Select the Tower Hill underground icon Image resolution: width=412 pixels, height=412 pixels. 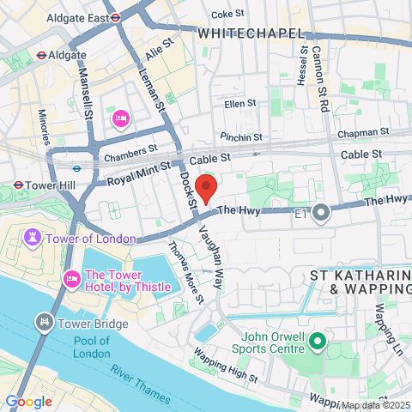18,184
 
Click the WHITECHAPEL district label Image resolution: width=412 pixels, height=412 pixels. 251,33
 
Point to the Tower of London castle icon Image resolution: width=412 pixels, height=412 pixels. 33,237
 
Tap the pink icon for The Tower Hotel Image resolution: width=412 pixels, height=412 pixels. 70,277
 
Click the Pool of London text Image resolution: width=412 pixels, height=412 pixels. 91,348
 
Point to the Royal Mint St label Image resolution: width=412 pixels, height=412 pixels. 139,176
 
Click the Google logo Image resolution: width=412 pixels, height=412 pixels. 28,401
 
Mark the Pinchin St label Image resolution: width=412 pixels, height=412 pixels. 241,136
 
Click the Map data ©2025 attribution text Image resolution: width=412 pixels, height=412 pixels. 374,405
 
